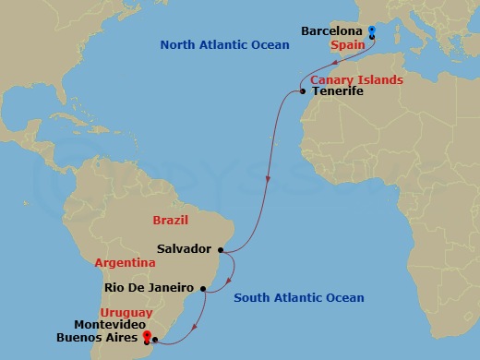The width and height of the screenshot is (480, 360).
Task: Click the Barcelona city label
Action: point(332,31)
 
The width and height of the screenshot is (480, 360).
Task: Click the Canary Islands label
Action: point(356,79)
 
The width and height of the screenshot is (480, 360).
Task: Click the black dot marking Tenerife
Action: point(303,90)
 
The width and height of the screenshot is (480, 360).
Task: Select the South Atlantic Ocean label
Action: point(298,297)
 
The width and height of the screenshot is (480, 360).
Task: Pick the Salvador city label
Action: point(185,249)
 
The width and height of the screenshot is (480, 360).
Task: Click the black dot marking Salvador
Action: point(221,248)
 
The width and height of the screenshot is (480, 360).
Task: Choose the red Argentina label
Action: point(125,263)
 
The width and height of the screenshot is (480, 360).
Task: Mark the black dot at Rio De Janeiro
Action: point(202,288)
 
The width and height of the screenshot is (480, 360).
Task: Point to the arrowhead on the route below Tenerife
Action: point(267,180)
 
